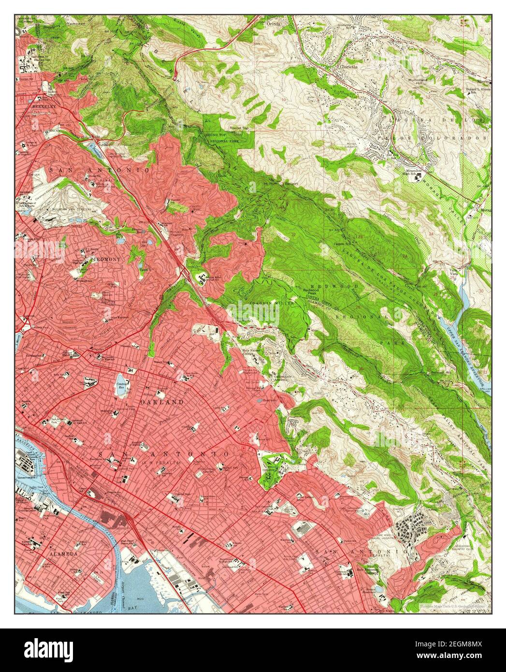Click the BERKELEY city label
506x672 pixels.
[x=31, y=105]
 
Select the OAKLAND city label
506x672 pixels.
[x=155, y=402]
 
